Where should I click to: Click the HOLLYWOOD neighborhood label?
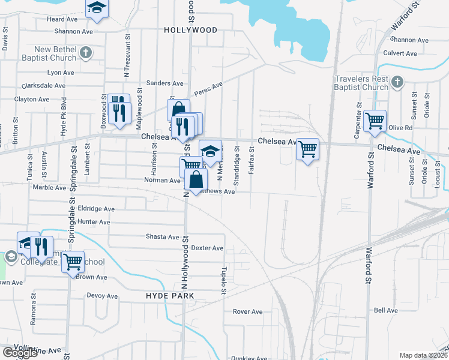190,29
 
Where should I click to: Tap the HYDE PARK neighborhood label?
170,296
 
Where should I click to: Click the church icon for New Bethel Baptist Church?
86,53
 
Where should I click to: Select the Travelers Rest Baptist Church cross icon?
396,82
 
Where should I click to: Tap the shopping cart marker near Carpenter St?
375,121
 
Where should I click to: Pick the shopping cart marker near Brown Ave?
73,262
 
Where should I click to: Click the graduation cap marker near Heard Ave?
95,8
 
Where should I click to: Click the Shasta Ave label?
163,236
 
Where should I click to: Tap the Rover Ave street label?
248,311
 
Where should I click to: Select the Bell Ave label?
385,310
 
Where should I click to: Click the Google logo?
20,353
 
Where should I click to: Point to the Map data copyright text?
423,355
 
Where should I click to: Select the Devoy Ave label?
102,296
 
